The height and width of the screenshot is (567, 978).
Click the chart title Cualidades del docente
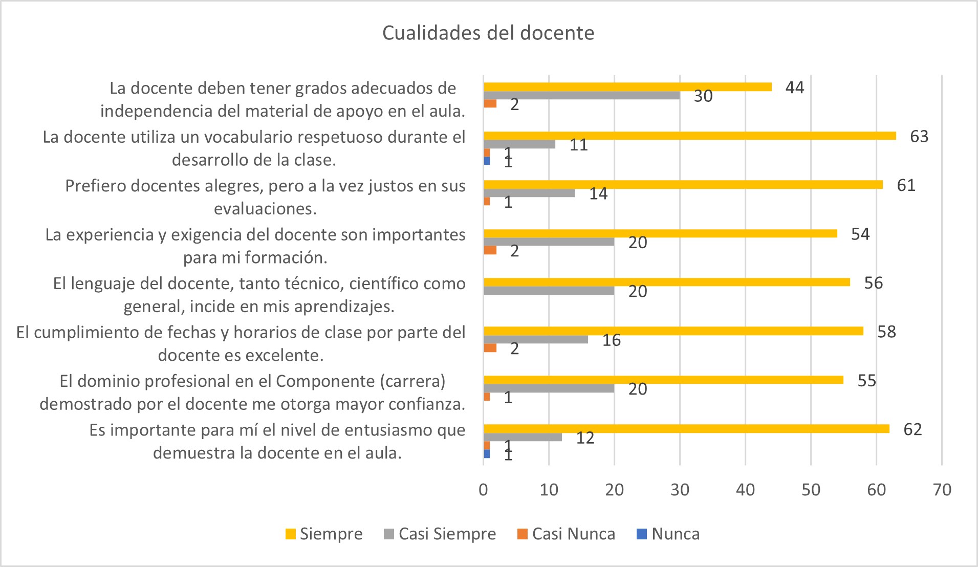[x=488, y=33]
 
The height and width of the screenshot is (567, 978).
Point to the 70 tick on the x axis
[x=942, y=490]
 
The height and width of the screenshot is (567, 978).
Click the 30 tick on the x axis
[x=680, y=490]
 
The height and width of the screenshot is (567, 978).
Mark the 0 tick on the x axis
[x=483, y=490]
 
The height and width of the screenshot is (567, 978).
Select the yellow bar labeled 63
[x=689, y=136]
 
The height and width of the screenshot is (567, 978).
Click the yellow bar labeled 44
[x=627, y=87]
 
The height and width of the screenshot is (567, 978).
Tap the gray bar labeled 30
[x=581, y=95]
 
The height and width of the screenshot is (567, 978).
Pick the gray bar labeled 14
[x=529, y=193]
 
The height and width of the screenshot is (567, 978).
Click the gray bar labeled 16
[x=536, y=339]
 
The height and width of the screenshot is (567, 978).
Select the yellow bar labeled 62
[x=686, y=429]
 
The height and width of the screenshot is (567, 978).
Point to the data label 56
[x=873, y=283]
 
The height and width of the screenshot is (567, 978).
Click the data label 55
[x=867, y=381]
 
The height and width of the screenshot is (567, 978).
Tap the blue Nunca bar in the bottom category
[x=487, y=454]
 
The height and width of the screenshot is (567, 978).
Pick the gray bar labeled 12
[x=523, y=437]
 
